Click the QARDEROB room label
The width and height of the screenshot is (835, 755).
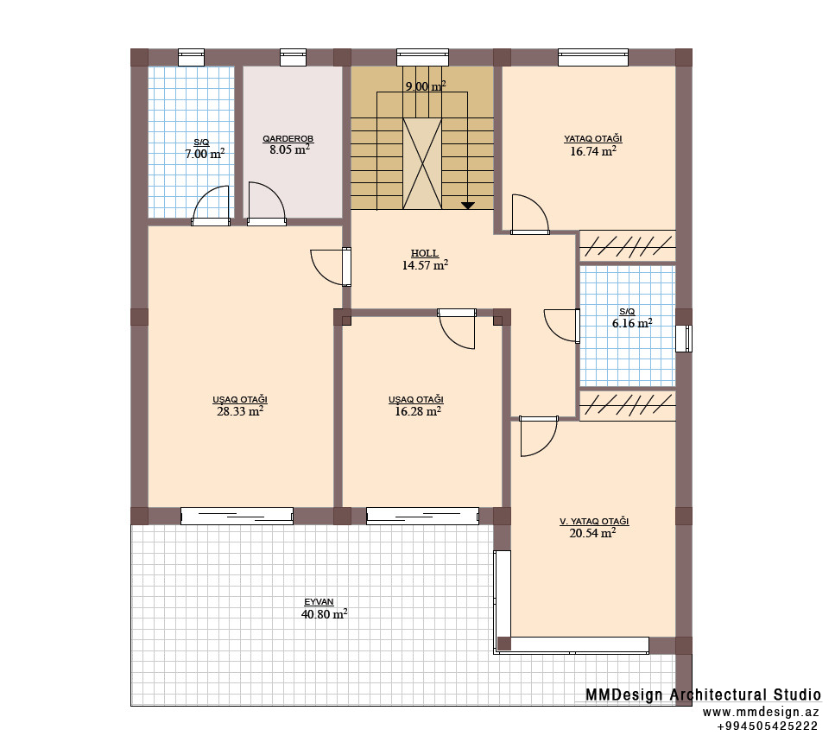pyautogui.click(x=288, y=139)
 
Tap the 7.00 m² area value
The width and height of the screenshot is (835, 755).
pyautogui.click(x=205, y=154)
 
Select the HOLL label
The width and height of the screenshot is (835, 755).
pyautogui.click(x=425, y=254)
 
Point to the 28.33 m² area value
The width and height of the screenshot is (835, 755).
pyautogui.click(x=240, y=411)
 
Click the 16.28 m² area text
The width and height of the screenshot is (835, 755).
pyautogui.click(x=418, y=411)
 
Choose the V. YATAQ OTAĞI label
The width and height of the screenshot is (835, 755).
pyautogui.click(x=594, y=522)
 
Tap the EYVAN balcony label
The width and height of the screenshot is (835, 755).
pyautogui.click(x=319, y=602)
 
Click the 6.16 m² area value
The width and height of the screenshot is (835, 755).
pyautogui.click(x=632, y=323)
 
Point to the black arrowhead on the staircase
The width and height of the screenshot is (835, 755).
pyautogui.click(x=467, y=205)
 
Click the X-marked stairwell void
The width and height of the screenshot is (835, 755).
pyautogui.click(x=422, y=163)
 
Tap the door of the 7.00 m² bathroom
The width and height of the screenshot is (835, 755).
pyautogui.click(x=211, y=206)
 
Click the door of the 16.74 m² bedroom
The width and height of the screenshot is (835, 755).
pyautogui.click(x=530, y=214)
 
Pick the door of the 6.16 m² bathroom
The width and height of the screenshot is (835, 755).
pyautogui.click(x=562, y=326)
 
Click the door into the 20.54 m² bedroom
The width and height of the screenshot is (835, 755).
pyautogui.click(x=538, y=436)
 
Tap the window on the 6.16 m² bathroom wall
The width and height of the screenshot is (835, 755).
pyautogui.click(x=684, y=339)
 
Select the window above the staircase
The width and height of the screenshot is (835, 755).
pyautogui.click(x=422, y=57)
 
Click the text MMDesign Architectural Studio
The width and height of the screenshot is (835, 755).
pyautogui.click(x=704, y=695)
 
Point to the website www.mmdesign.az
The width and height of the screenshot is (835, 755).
pyautogui.click(x=761, y=713)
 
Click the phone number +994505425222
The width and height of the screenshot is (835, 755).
pyautogui.click(x=767, y=726)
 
